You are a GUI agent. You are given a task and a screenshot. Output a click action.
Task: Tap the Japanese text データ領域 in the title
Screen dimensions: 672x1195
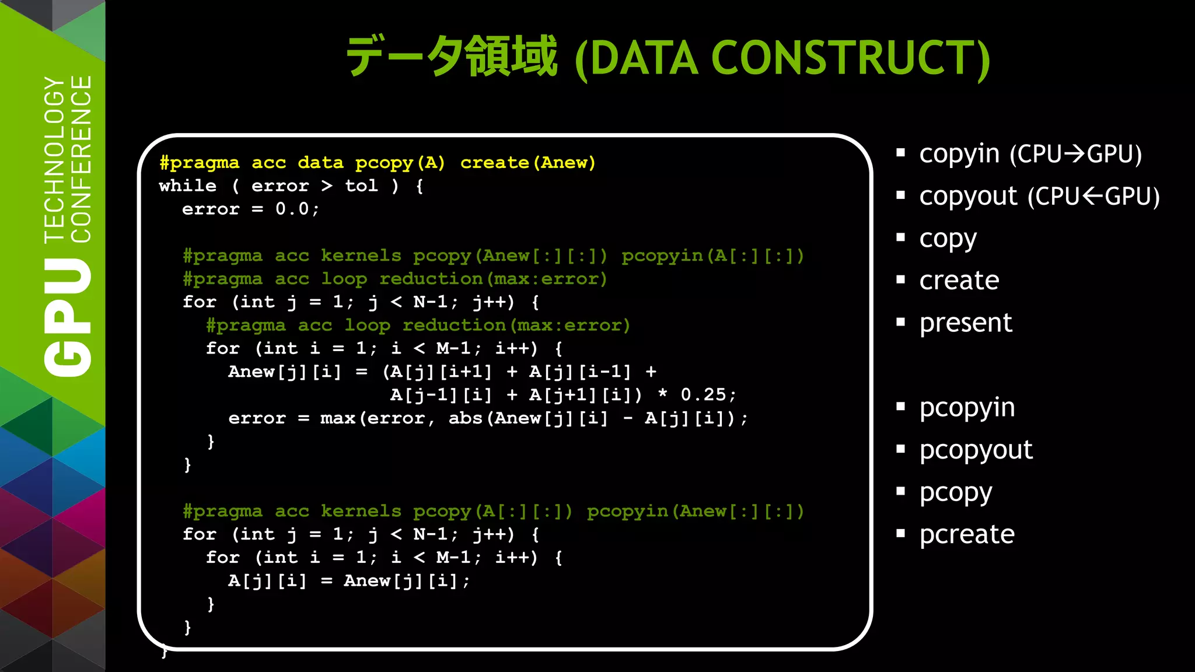(x=452, y=57)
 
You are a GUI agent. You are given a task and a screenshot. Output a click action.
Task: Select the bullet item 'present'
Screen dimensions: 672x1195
(x=966, y=323)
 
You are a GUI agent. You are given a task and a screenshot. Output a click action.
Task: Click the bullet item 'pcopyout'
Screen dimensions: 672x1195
(x=976, y=450)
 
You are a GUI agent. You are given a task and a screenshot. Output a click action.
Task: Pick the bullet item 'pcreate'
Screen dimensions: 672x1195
(x=967, y=535)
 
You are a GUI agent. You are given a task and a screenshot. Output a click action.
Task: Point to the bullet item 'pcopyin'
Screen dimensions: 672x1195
(x=967, y=408)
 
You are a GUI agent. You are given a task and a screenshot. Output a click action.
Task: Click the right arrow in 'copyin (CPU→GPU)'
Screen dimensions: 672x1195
(x=1074, y=154)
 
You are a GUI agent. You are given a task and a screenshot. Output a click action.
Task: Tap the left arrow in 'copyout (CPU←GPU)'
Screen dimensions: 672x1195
(x=1092, y=197)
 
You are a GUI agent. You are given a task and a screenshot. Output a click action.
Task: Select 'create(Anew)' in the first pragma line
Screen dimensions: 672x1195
(x=527, y=163)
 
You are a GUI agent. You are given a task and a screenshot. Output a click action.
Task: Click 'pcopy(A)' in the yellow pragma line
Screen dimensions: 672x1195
(x=400, y=163)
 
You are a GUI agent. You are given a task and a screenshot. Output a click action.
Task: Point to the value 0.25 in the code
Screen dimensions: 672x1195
(x=703, y=395)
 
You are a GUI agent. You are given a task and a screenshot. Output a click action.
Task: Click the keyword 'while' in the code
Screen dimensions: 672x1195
(x=187, y=186)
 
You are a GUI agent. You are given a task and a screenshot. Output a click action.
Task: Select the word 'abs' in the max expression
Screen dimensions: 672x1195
(x=466, y=418)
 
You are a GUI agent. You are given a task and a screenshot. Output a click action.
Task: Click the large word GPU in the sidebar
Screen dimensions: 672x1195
(x=69, y=317)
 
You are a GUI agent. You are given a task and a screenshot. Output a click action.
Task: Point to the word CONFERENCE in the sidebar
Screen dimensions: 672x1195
(x=82, y=159)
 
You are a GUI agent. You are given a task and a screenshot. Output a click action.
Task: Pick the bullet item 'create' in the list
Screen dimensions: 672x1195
(x=959, y=281)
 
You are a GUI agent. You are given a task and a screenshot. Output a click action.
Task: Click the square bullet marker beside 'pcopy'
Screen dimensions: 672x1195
(x=900, y=491)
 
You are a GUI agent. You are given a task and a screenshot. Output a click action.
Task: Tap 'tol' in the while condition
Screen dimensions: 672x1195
(x=361, y=186)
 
